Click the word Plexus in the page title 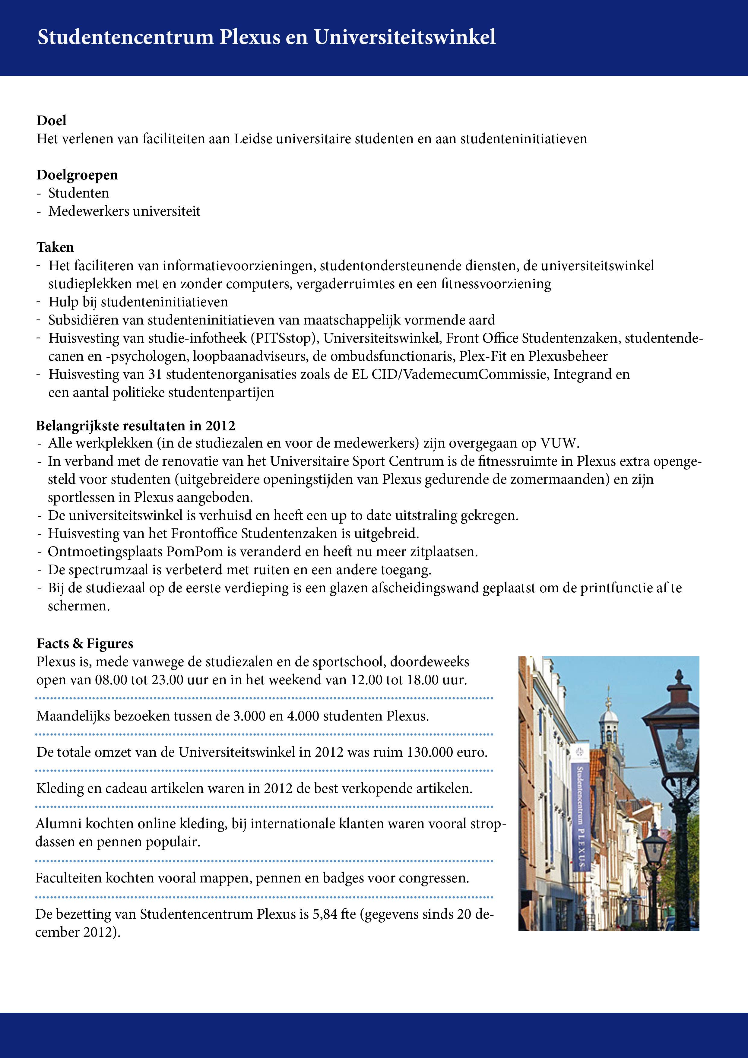pos(249,37)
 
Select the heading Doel pos(51,121)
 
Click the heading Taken pos(55,247)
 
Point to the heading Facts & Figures pos(85,644)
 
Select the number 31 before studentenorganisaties pos(155,374)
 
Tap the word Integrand pos(582,374)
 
